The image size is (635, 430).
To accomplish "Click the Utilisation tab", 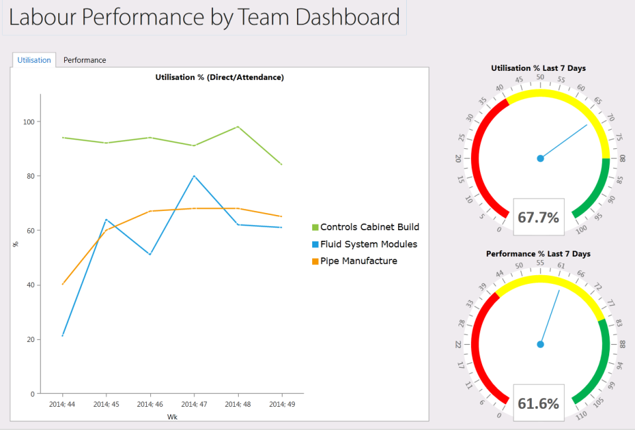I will (34, 60).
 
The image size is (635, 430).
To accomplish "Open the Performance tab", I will (85, 60).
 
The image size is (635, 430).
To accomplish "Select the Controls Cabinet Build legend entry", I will (369, 227).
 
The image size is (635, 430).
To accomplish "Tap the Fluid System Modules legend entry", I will (368, 244).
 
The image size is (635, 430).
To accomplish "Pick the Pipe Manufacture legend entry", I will (359, 261).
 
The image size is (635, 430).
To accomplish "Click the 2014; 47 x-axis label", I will (194, 404).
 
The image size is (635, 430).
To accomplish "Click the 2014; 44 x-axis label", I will (62, 404).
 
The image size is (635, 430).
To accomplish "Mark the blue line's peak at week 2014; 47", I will (194, 176).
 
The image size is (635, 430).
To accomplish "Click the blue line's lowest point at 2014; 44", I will (62, 335).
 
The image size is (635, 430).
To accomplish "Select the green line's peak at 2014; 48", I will (238, 127).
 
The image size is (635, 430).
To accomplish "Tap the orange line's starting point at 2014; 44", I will (62, 284).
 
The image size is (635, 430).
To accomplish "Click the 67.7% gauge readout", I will (538, 218).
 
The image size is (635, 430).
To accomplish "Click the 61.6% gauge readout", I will (538, 404).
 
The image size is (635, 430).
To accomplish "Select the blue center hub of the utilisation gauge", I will (540, 158).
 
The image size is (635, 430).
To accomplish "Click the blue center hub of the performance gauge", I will (540, 344).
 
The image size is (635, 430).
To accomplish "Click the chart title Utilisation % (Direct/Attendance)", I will (219, 77).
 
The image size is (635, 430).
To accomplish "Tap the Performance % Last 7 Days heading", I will (538, 254).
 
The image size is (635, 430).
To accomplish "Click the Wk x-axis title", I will (172, 417).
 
